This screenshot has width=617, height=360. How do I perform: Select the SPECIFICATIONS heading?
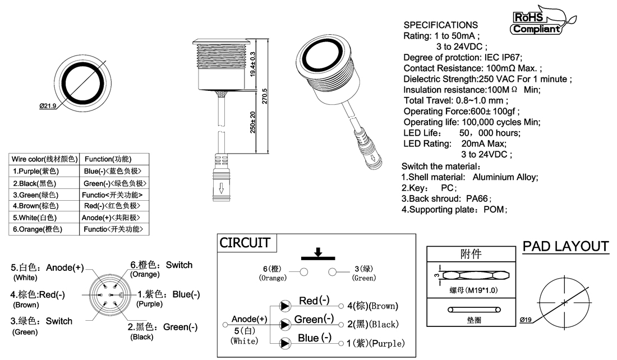pyautogui.click(x=441, y=25)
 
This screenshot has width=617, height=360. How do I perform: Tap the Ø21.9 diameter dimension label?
pyautogui.click(x=48, y=106)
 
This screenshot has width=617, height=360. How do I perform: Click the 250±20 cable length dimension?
pyautogui.click(x=253, y=122)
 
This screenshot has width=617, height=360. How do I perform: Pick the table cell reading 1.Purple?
pyautogui.click(x=36, y=171)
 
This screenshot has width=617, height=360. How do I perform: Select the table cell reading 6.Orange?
pyautogui.click(x=37, y=229)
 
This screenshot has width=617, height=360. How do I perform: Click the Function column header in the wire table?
pyautogui.click(x=107, y=159)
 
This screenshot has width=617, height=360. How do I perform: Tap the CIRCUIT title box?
pyautogui.click(x=245, y=243)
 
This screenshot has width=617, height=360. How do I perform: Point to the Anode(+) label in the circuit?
pyautogui.click(x=249, y=319)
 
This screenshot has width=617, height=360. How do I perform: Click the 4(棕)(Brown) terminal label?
pyautogui.click(x=372, y=306)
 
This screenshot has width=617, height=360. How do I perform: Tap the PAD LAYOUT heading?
pyautogui.click(x=565, y=246)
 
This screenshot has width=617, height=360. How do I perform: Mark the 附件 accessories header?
pyautogui.click(x=470, y=254)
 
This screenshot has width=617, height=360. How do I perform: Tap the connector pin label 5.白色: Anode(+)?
pyautogui.click(x=48, y=267)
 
